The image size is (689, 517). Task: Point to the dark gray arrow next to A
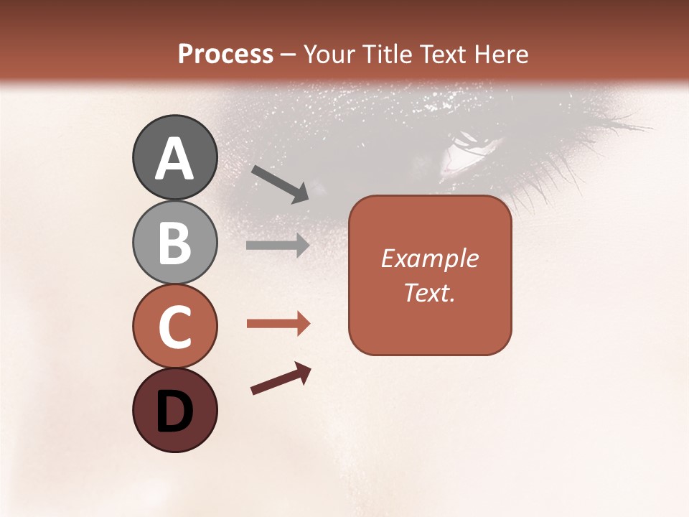coord(280,184)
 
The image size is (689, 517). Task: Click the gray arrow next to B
coord(278,245)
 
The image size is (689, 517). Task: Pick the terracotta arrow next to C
coord(278,324)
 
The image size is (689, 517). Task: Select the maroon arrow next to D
coord(281,378)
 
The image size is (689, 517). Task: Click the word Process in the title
coord(225,55)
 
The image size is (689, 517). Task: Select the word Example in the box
coord(429,258)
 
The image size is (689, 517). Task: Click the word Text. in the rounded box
coord(429,292)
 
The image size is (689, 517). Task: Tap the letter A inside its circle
coord(174,158)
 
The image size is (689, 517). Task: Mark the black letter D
coord(174,412)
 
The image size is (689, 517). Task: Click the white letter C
coord(174,327)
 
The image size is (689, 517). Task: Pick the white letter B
coord(174,243)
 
